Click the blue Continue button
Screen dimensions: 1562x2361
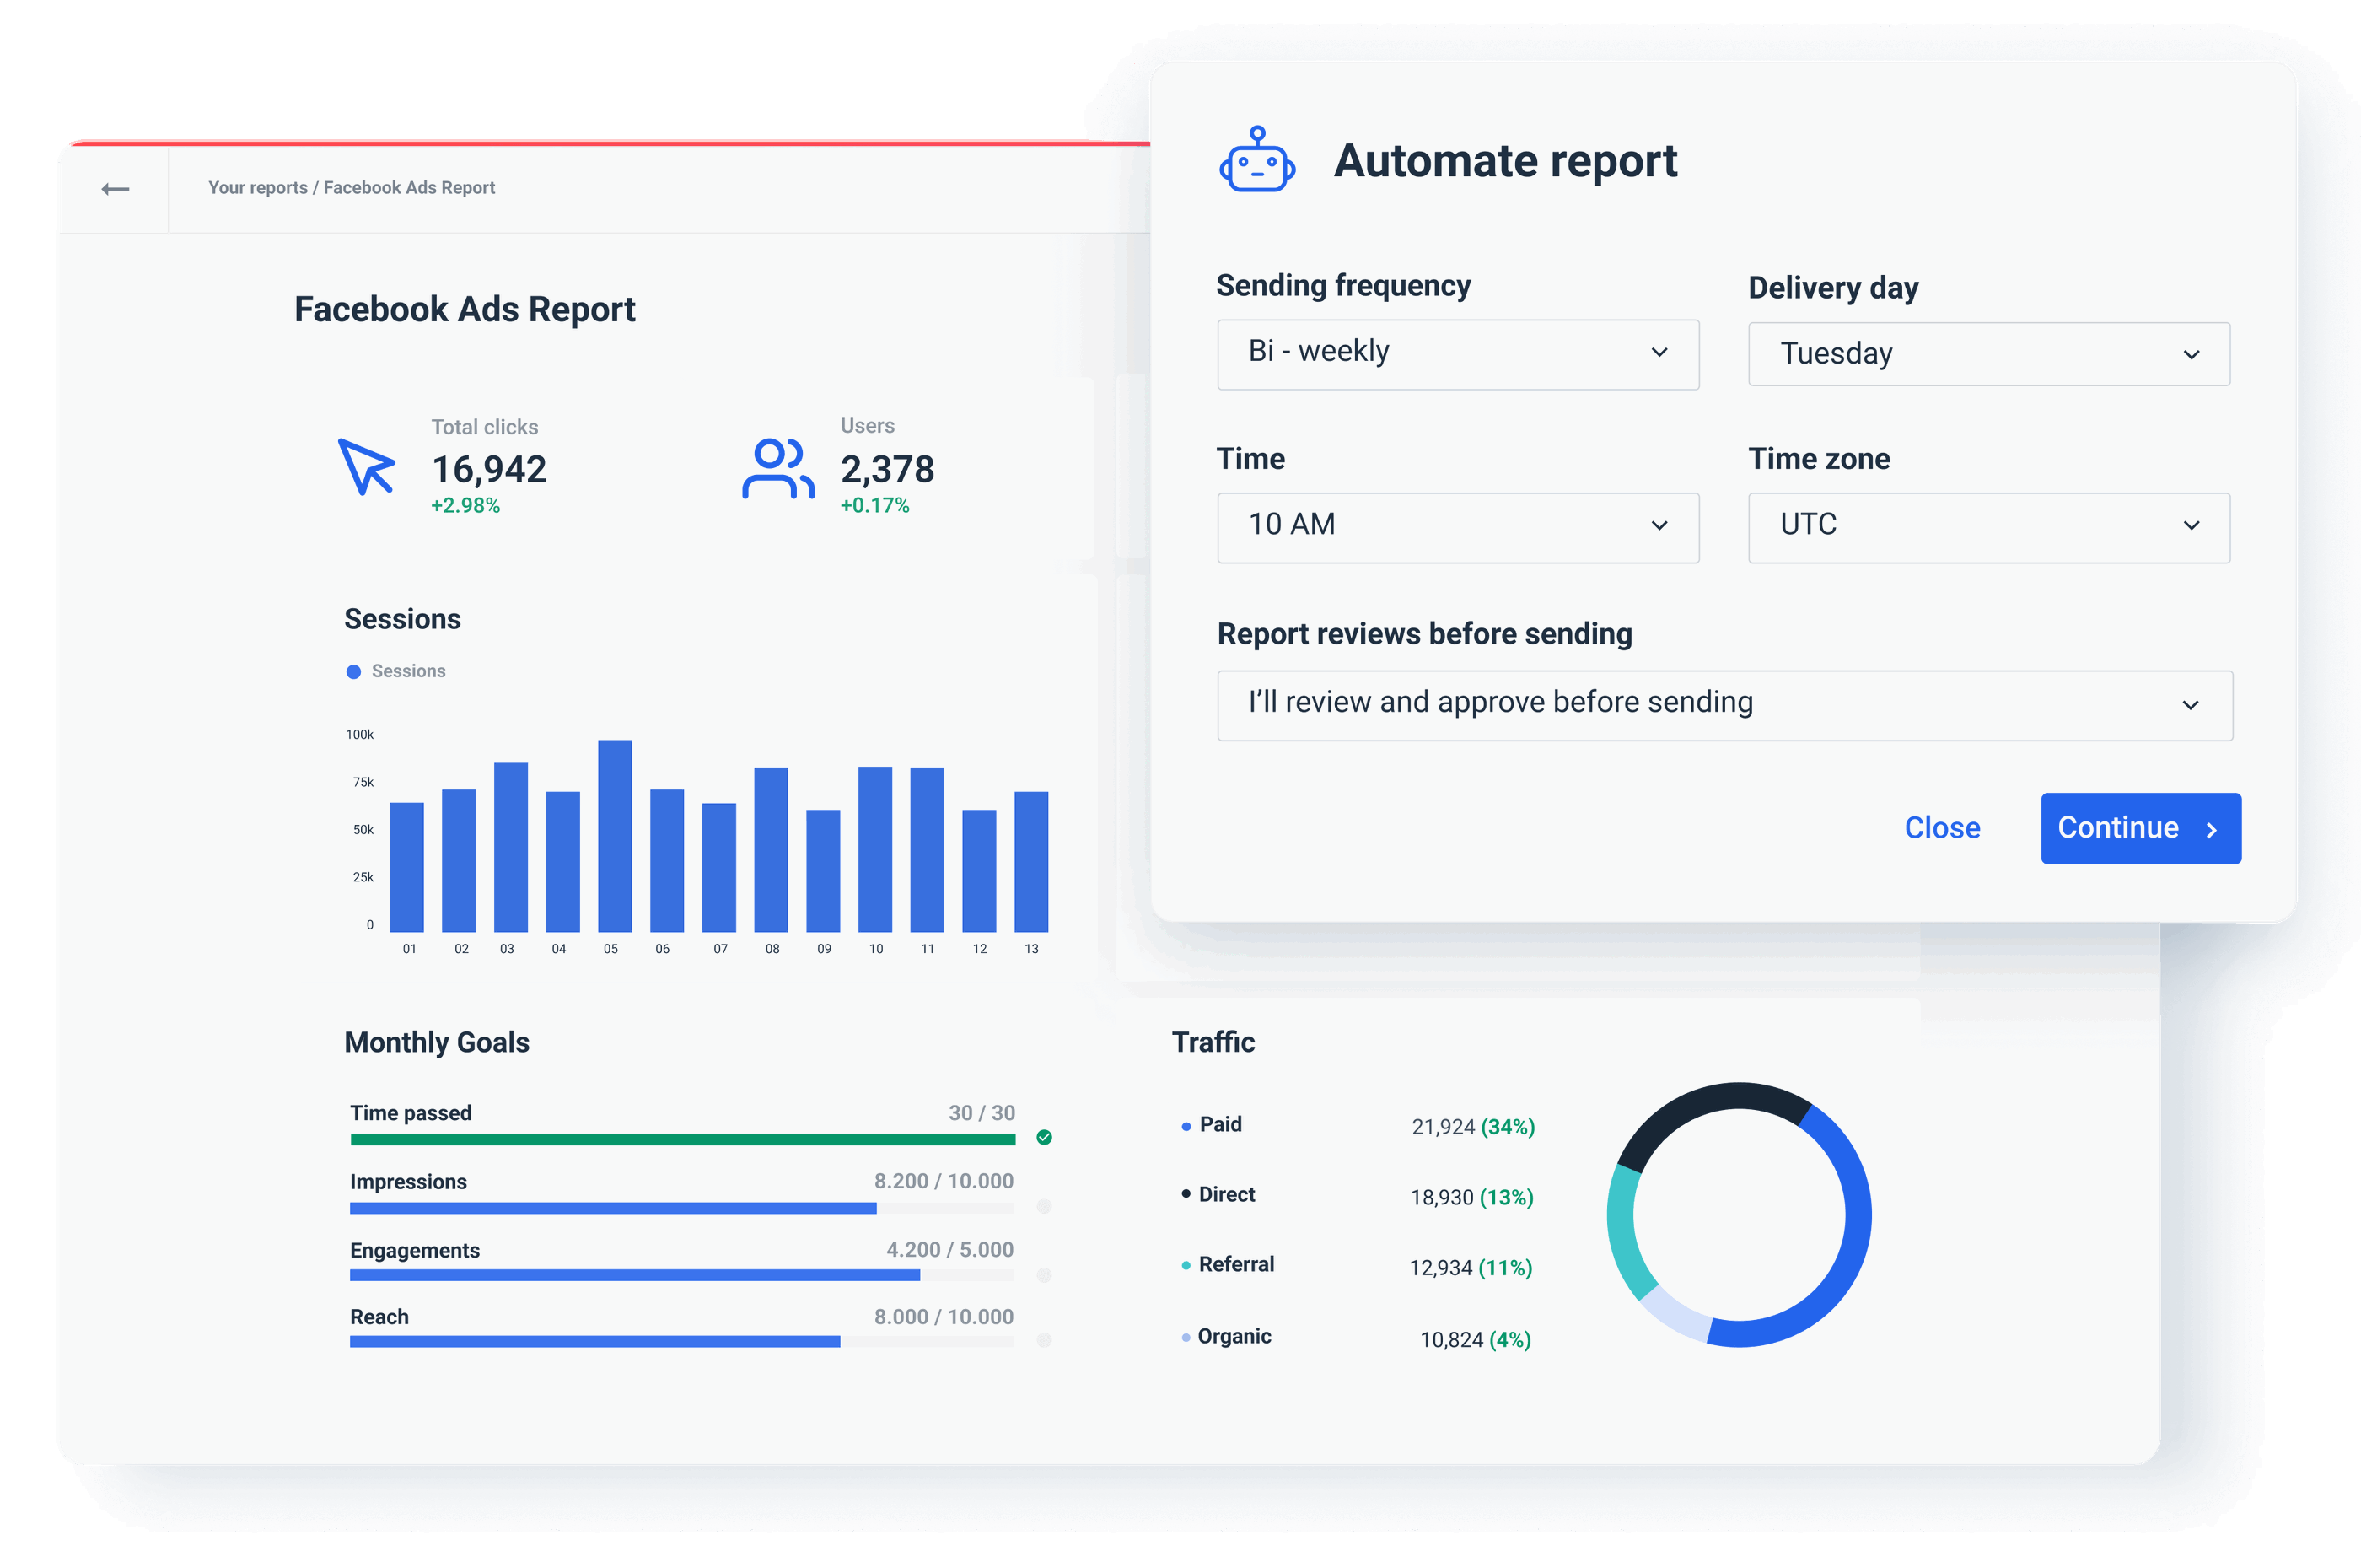point(2140,828)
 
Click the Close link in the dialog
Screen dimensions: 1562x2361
point(1942,828)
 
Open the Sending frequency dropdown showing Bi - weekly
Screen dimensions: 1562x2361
point(1457,353)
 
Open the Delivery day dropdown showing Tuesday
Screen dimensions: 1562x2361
point(1988,354)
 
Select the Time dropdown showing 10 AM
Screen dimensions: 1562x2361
point(1457,527)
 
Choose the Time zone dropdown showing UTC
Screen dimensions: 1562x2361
point(1988,527)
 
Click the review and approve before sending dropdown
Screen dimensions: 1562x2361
point(1724,705)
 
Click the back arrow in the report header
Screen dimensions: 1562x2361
point(116,189)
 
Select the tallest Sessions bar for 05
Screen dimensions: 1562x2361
point(615,837)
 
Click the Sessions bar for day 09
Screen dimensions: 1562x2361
point(822,871)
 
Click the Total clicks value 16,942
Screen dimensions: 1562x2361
point(489,469)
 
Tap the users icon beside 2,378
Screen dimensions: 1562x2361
point(777,468)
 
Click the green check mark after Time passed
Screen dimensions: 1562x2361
point(1044,1138)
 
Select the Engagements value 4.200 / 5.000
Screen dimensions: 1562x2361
point(949,1250)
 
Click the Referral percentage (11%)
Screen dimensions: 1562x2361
point(1504,1268)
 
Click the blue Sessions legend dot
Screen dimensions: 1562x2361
point(353,672)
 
